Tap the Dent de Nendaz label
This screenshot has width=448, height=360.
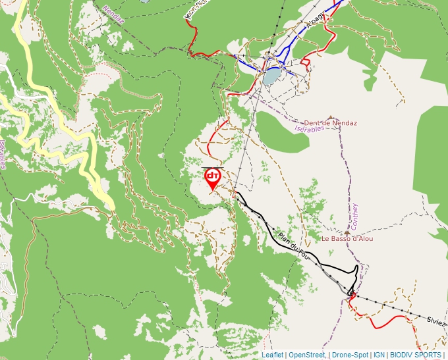click(330, 123)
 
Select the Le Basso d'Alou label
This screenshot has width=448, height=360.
click(347, 238)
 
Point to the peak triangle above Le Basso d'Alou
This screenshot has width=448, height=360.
click(347, 232)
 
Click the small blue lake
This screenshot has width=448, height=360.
click(271, 77)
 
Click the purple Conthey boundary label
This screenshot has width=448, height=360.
click(355, 215)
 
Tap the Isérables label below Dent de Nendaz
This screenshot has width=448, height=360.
click(310, 129)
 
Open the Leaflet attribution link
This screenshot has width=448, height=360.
click(272, 355)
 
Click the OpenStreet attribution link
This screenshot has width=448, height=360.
click(306, 355)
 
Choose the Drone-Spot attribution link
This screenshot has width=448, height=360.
click(350, 355)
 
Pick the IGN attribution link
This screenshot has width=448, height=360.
click(379, 355)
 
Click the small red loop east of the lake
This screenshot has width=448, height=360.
click(305, 64)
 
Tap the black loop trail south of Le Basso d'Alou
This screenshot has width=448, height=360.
click(356, 271)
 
